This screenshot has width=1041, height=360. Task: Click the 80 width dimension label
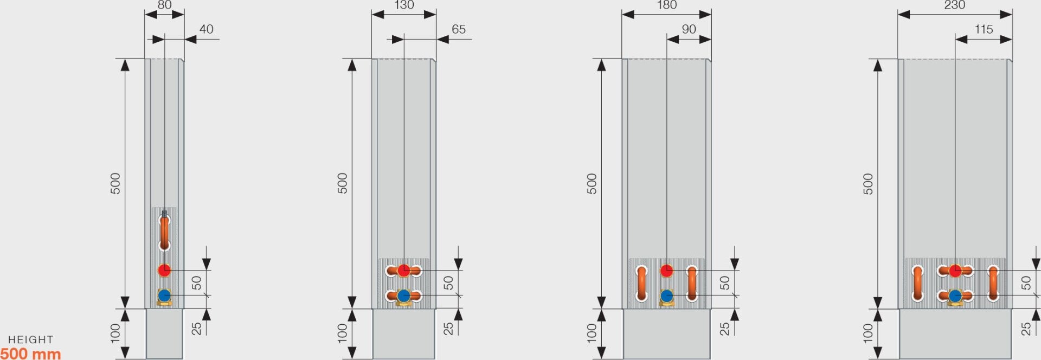[164, 5]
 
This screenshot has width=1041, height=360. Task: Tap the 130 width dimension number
[404, 5]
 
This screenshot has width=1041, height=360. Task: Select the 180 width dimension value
[666, 5]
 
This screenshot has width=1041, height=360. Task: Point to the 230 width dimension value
[954, 5]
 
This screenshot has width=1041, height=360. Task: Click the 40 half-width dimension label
[206, 29]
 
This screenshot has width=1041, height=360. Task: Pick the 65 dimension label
[458, 29]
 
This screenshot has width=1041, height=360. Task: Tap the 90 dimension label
[689, 29]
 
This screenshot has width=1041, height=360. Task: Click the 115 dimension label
[984, 29]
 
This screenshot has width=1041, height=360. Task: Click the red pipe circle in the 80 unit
[164, 270]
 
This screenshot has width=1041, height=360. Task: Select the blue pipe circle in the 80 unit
[164, 295]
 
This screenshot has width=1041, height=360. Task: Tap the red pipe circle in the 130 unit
[403, 270]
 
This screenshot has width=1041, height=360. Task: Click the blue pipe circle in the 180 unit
[666, 296]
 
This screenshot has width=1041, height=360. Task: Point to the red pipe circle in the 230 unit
[955, 270]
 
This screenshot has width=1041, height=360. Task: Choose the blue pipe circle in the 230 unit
[955, 296]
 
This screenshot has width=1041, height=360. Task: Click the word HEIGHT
[30, 340]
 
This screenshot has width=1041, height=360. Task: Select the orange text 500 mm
[30, 353]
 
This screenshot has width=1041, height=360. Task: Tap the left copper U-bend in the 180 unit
[641, 283]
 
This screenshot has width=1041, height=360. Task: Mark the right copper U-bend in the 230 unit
[993, 283]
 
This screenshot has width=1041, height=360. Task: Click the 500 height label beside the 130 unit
[343, 183]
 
